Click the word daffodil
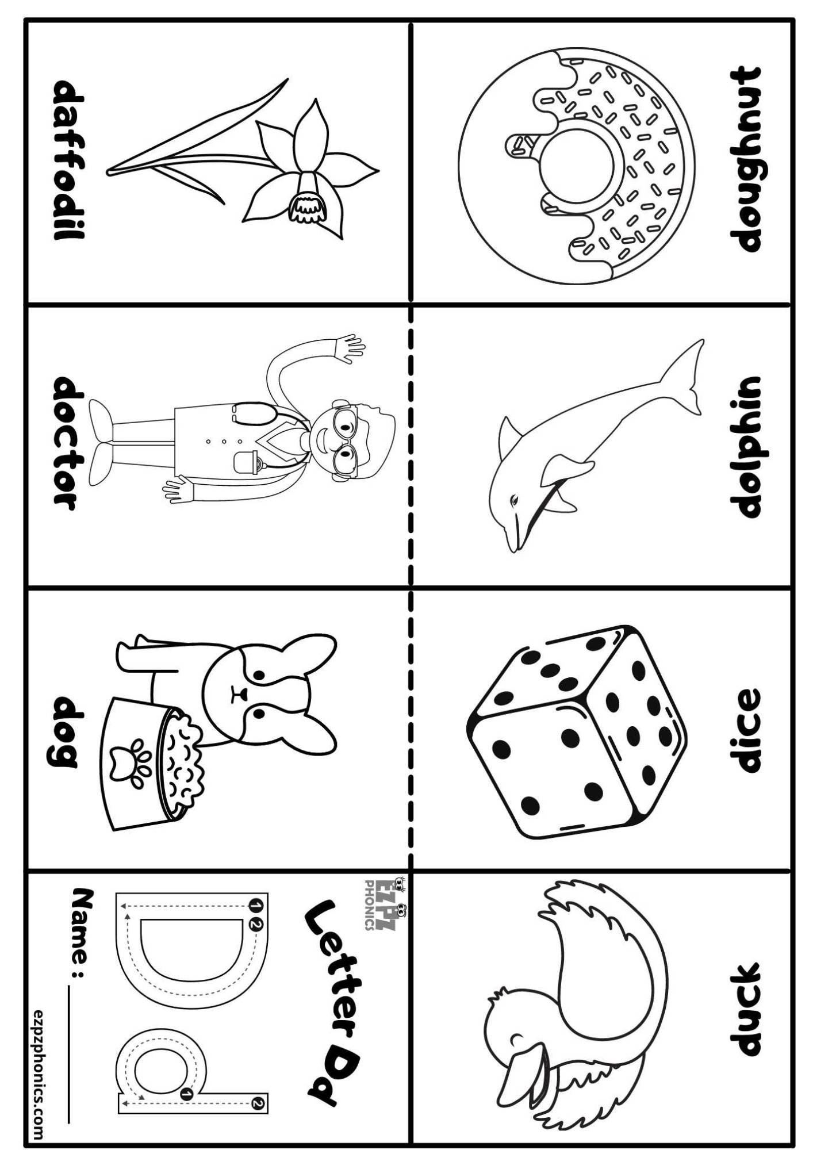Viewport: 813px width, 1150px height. (x=69, y=159)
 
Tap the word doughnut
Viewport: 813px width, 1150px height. (x=745, y=159)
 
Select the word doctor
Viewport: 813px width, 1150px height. (x=69, y=443)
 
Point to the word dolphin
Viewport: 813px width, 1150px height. (x=745, y=447)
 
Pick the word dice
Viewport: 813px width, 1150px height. (x=745, y=730)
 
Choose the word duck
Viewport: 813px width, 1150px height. (x=745, y=1009)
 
